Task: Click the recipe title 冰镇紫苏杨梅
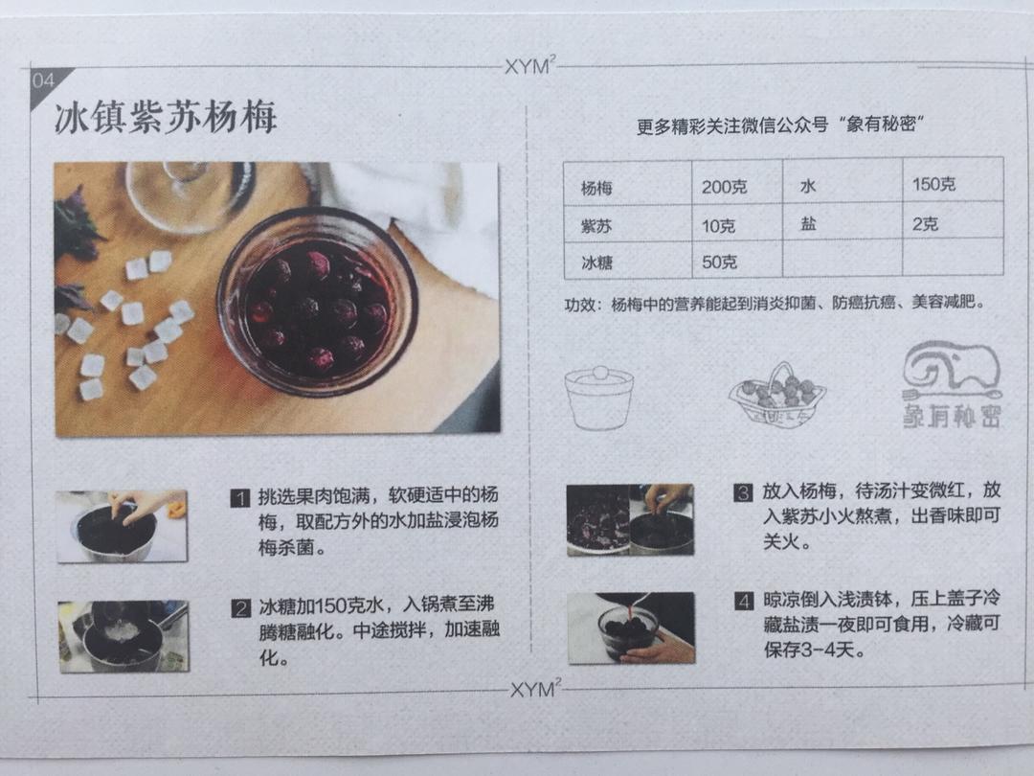166,118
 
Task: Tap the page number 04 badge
44,80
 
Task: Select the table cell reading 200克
724,187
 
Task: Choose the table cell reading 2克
925,224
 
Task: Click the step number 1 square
240,497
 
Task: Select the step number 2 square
240,608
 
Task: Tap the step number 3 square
743,493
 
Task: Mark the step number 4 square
743,602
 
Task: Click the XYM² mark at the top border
529,67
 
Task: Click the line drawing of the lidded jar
598,396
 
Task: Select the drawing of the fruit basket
776,395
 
